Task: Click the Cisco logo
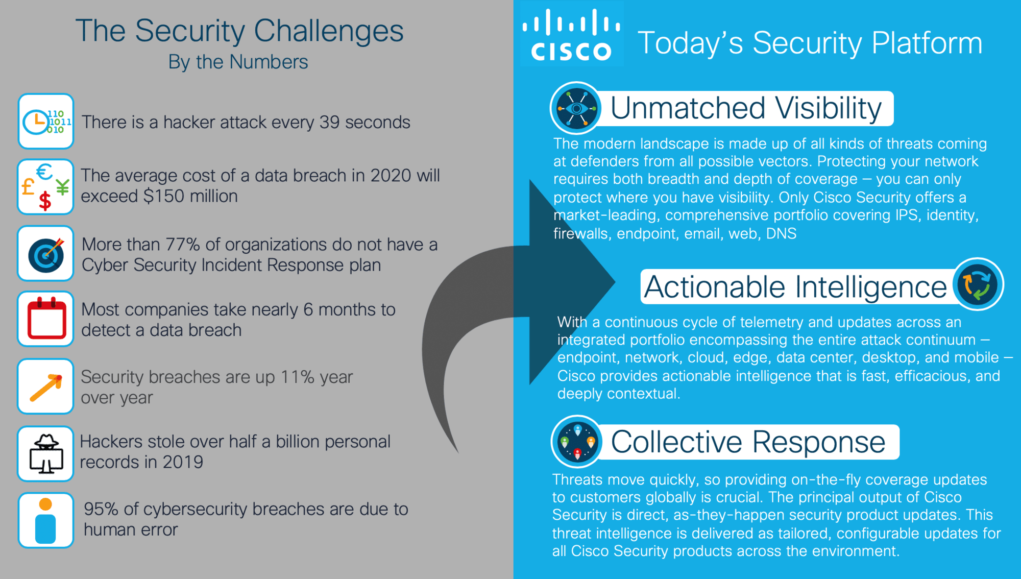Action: pyautogui.click(x=571, y=35)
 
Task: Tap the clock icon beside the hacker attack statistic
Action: pyautogui.click(x=46, y=122)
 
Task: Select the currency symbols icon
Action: pyautogui.click(x=46, y=187)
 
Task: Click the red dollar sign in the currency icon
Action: pyautogui.click(x=45, y=201)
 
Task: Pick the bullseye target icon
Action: pyautogui.click(x=46, y=253)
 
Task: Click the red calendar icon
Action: pyautogui.click(x=46, y=319)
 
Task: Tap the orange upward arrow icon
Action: pyautogui.click(x=46, y=387)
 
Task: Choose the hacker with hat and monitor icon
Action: pyautogui.click(x=46, y=453)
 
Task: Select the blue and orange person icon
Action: pyautogui.click(x=46, y=520)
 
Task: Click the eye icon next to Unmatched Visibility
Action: pyautogui.click(x=576, y=108)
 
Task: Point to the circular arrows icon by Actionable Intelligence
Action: pyautogui.click(x=978, y=284)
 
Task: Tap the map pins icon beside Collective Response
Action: pyautogui.click(x=577, y=442)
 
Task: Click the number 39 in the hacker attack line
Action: pyautogui.click(x=329, y=123)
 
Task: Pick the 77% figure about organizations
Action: pyautogui.click(x=182, y=245)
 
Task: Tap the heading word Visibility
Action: pyautogui.click(x=829, y=108)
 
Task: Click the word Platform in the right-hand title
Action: pyautogui.click(x=927, y=43)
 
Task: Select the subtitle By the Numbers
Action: pyautogui.click(x=238, y=62)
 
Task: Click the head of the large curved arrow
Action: pyautogui.click(x=572, y=282)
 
